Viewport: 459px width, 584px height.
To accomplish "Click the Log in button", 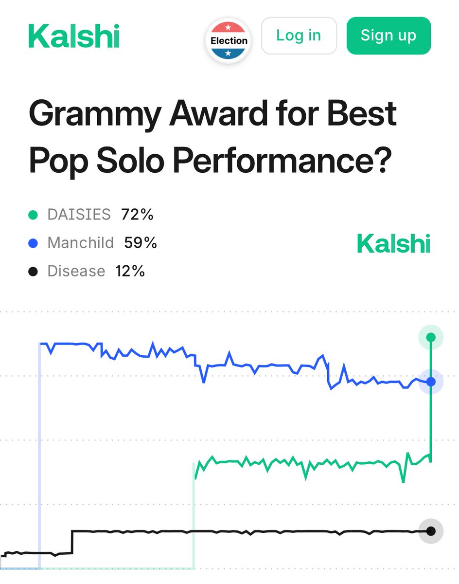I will pos(299,36).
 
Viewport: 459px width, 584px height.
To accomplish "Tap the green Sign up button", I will pos(388,36).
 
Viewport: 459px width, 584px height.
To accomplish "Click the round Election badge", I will pos(229,41).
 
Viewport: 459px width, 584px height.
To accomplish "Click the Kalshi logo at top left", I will pos(73,36).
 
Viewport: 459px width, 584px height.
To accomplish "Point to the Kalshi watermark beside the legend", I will pos(393,243).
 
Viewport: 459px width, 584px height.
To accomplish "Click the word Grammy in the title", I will pos(92,114).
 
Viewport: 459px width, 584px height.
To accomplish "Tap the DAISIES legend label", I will pos(79,215).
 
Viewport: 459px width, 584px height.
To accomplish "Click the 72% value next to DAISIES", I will pos(137,215).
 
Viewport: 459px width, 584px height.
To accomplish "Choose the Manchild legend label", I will pos(80,243).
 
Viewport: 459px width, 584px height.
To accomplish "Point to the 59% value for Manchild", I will pos(141,243).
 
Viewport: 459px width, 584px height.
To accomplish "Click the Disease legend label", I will pos(76,271).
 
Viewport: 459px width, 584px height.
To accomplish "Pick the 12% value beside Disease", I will pos(130,271).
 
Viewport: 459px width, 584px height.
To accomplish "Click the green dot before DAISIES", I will pos(33,215).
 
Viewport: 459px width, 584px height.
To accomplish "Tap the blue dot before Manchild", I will pos(33,243).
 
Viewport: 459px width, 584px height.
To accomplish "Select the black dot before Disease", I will pos(33,271).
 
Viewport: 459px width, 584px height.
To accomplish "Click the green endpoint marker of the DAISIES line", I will pos(431,337).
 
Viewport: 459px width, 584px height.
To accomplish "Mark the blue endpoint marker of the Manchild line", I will pos(431,382).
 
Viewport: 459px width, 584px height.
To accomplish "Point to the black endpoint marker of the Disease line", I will pos(431,531).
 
